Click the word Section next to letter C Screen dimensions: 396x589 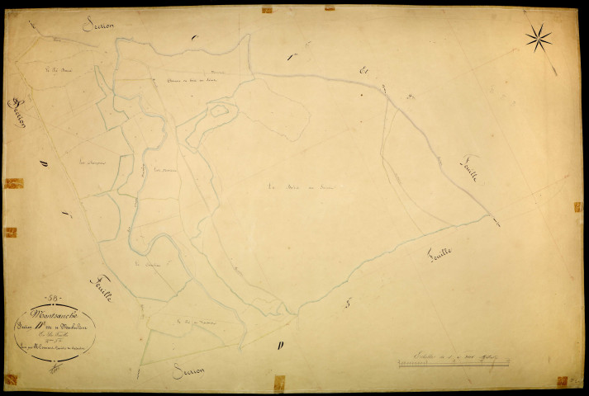98,25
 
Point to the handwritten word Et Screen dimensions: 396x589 363,71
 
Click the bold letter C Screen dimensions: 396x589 194,38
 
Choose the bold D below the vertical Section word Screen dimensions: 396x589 42,166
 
